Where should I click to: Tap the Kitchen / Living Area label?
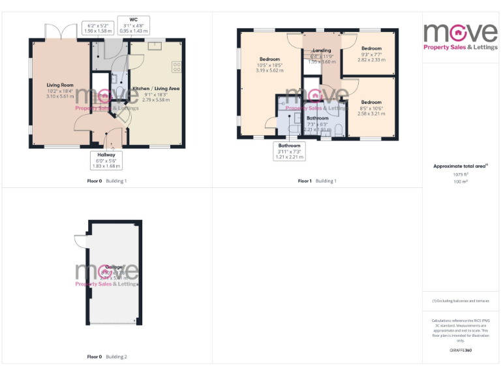click(x=156, y=88)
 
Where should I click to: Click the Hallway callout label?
click(x=106, y=155)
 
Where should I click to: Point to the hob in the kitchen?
click(x=176, y=66)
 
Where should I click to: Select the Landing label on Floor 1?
click(x=322, y=50)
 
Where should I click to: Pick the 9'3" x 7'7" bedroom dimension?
click(x=371, y=54)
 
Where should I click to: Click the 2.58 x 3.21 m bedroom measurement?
click(x=371, y=114)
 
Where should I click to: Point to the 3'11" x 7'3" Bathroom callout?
click(x=289, y=151)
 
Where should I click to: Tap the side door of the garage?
click(x=80, y=241)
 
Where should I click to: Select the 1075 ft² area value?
click(x=461, y=174)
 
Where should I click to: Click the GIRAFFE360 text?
click(x=461, y=351)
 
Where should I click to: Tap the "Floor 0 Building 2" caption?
click(x=107, y=357)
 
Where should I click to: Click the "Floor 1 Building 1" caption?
click(x=317, y=181)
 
